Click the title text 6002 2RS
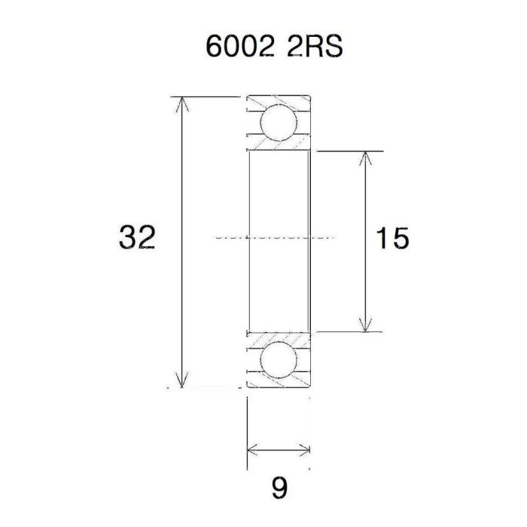coord(274,46)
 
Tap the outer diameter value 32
coord(137,238)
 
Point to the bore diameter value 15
coord(392,239)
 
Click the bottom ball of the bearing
coord(278,360)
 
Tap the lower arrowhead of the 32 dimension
coord(181,381)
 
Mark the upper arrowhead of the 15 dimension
coord(365,159)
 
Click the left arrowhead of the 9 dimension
coord(253,450)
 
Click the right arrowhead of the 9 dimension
coord(304,450)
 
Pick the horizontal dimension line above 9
coord(279,450)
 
